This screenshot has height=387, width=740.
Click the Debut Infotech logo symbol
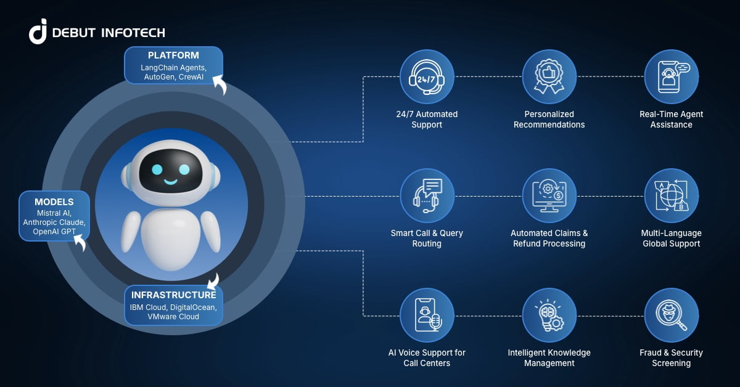point(38,31)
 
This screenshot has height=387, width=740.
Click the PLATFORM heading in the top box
point(173,55)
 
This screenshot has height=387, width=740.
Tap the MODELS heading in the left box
point(54,202)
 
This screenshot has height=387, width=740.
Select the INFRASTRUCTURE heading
point(173,295)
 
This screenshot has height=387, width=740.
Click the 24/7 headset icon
point(427,76)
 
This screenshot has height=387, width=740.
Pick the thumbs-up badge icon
point(549,76)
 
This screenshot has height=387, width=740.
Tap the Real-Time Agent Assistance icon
point(671,76)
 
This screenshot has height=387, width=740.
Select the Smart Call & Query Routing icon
point(427,195)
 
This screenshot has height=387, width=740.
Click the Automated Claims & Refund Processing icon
point(549,195)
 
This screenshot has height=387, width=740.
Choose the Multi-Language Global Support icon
point(671,195)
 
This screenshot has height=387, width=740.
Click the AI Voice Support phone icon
point(427,315)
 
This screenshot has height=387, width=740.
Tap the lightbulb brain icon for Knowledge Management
point(549,315)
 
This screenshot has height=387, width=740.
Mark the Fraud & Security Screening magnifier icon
point(671,315)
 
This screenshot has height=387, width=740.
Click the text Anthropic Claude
point(54,222)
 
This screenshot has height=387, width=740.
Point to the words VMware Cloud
point(173,316)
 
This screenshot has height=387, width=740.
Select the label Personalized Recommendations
point(549,120)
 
